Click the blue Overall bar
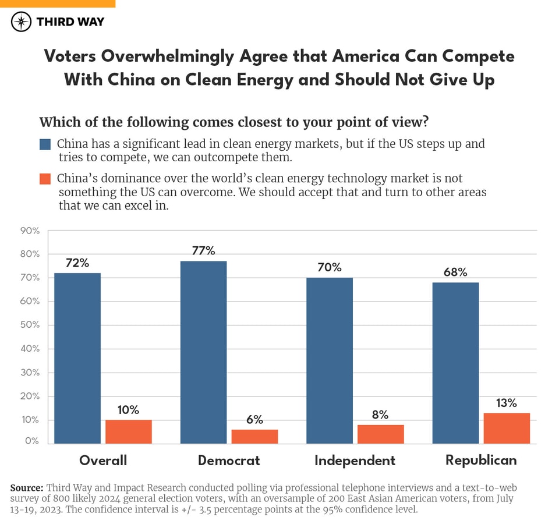77,358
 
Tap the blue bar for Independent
329,360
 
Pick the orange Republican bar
507,429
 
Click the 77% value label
203,251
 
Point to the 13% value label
506,403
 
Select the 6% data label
254,420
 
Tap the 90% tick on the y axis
30,231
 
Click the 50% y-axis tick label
30,325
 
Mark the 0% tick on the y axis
32,441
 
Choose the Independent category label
355,461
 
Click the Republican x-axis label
481,460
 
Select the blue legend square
46,144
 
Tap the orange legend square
46,179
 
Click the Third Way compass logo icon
22,22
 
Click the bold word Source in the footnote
27,488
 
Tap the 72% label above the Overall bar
77,263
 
